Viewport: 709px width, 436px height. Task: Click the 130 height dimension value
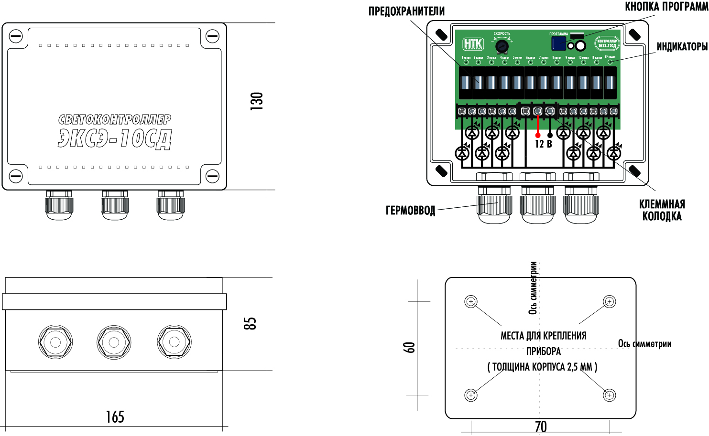257,101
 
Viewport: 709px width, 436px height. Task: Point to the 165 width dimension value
115,417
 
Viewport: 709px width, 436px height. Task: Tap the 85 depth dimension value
250,323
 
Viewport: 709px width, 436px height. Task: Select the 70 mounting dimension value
541,426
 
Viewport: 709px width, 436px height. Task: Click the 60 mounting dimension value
410,347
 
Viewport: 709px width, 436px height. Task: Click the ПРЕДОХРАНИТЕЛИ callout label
406,11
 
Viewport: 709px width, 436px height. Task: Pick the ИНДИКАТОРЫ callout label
682,46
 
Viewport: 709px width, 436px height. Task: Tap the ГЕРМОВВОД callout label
410,211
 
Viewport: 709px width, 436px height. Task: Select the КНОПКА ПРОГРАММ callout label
666,7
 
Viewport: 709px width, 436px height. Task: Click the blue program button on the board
558,43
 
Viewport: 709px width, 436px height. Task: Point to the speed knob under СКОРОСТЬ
502,46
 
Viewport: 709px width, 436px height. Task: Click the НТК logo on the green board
473,44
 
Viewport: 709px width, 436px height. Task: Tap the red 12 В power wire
537,127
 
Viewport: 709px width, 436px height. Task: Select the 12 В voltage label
543,144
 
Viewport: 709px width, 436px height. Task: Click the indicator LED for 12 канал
610,62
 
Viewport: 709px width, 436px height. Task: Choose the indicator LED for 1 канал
465,62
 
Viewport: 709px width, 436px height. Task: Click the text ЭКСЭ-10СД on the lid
115,139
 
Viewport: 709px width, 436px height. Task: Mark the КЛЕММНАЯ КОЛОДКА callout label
662,210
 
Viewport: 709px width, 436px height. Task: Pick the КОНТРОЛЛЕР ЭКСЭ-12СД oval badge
607,43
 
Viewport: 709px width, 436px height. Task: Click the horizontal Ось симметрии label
644,344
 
